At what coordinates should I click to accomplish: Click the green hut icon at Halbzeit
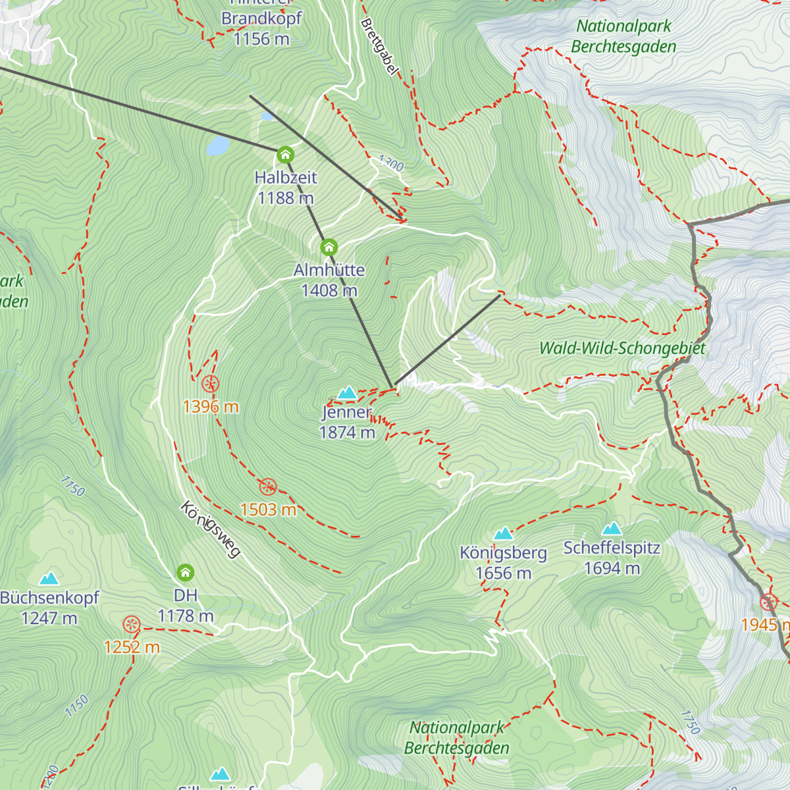click(285, 155)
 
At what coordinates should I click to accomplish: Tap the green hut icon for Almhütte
click(329, 248)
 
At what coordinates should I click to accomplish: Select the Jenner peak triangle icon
click(347, 393)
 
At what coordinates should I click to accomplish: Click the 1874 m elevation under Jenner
click(347, 433)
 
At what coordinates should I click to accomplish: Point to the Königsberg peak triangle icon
click(504, 533)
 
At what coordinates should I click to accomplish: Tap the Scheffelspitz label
click(612, 548)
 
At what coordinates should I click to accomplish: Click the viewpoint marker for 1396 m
click(210, 383)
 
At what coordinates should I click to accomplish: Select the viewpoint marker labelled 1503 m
click(268, 487)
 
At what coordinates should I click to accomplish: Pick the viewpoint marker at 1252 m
click(132, 624)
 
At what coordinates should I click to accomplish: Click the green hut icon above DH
click(186, 572)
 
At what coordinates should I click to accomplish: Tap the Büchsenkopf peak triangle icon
click(49, 579)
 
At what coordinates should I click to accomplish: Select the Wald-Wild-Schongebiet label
click(622, 348)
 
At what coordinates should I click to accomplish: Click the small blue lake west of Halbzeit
click(217, 145)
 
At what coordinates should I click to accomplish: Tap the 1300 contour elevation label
click(390, 163)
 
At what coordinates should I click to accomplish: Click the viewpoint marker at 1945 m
click(768, 602)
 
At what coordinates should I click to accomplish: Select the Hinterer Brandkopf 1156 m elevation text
click(261, 39)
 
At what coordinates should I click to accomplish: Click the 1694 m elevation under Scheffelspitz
click(612, 568)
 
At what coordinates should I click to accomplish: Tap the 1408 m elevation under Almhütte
click(329, 290)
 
